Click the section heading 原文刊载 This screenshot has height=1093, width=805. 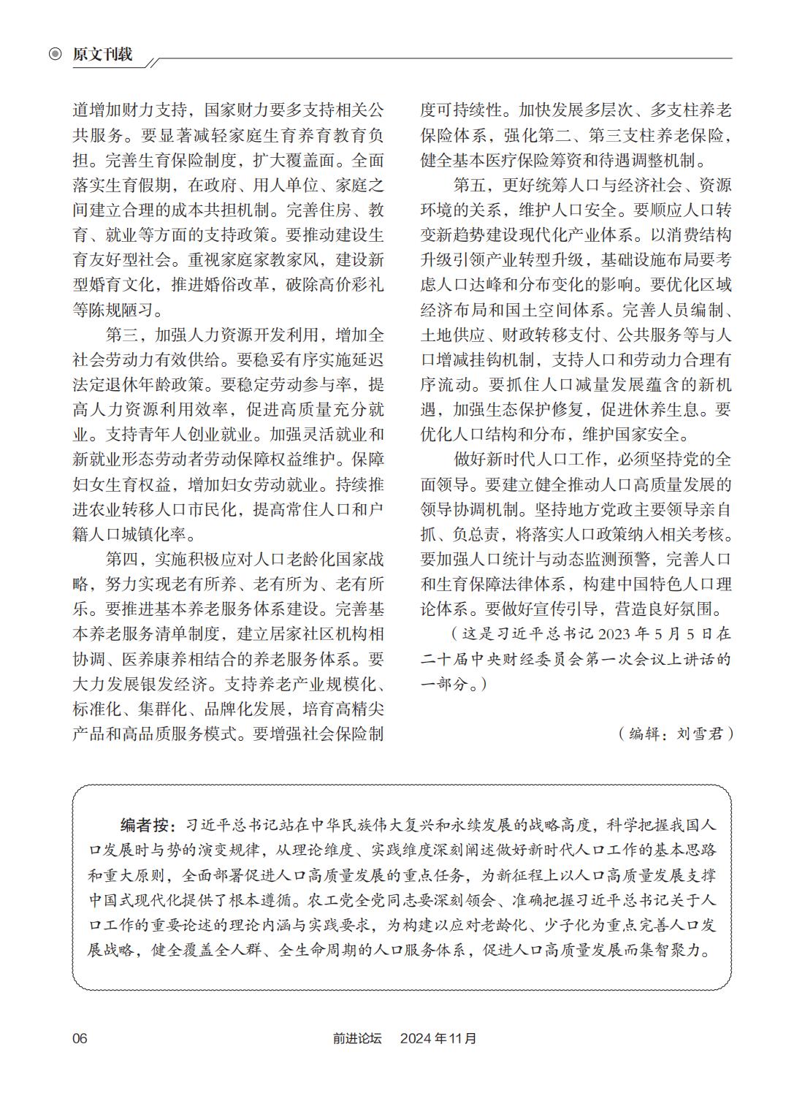coord(102,55)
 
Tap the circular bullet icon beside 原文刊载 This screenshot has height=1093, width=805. coord(55,55)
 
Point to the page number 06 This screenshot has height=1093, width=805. coord(80,1038)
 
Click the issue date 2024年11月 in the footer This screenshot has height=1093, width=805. coord(438,1038)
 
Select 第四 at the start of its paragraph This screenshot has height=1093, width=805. coord(122,560)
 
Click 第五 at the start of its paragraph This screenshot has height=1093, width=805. coord(470,186)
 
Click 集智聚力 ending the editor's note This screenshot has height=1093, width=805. coord(677,950)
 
